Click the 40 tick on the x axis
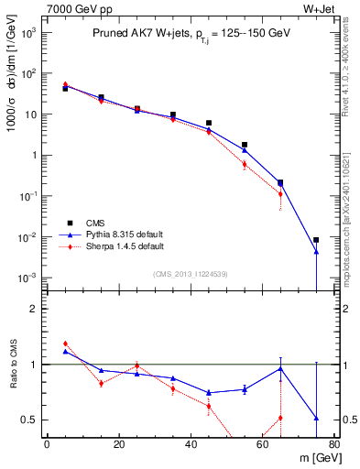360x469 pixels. click(191, 446)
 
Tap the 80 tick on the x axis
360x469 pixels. click(334, 446)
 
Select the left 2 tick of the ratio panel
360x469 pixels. click(36, 309)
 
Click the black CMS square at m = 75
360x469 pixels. click(316, 240)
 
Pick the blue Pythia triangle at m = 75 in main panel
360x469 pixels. click(316, 252)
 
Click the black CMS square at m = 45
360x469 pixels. click(209, 123)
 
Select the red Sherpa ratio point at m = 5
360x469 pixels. click(65, 344)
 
